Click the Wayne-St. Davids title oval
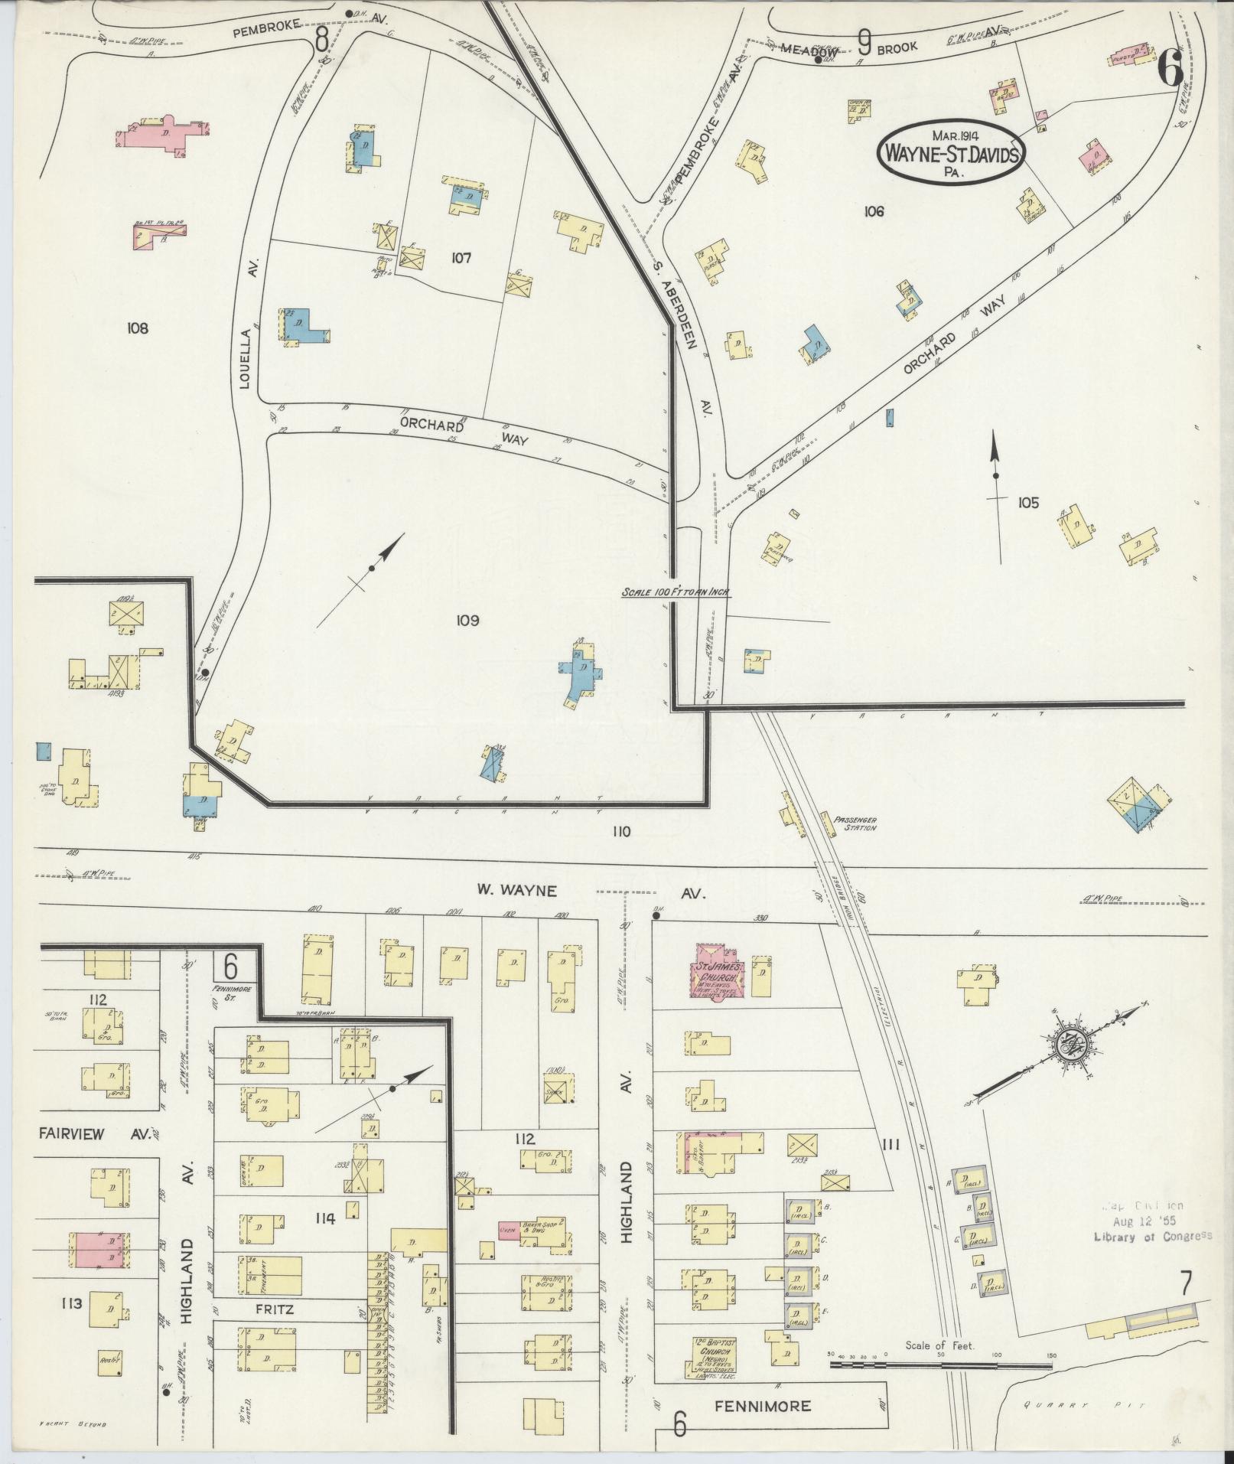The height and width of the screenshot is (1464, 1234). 952,152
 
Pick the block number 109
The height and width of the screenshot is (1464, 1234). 467,621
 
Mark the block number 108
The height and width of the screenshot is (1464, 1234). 138,328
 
